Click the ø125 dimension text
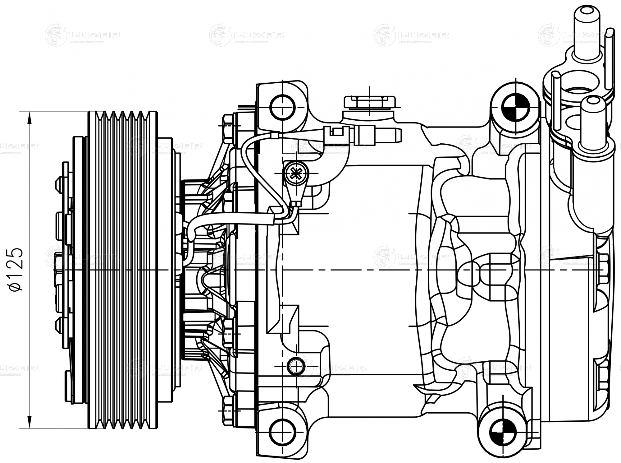[16, 270]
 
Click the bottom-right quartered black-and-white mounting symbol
[503, 433]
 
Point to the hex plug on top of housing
[370, 102]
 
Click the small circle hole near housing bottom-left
[296, 366]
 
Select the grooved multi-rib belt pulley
[123, 270]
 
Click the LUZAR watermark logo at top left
[82, 35]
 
